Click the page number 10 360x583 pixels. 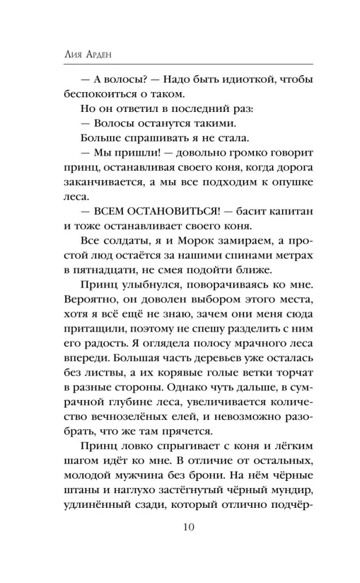click(x=180, y=528)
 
